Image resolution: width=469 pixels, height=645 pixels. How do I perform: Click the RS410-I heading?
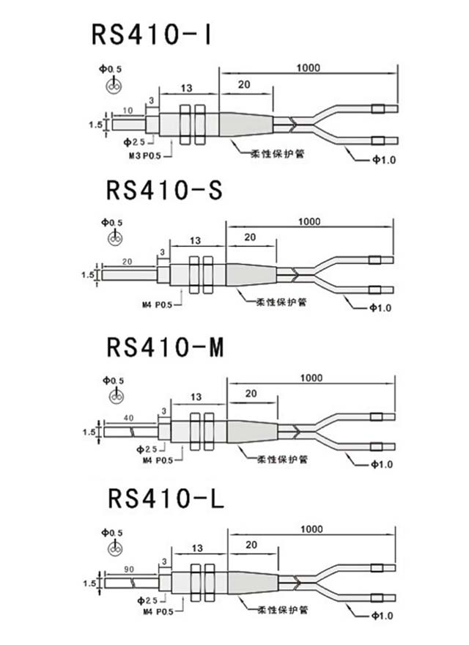pos(151,34)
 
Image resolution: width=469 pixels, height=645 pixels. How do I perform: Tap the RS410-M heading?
pos(165,347)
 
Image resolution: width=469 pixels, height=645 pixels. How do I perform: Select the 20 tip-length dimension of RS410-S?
pos(127,262)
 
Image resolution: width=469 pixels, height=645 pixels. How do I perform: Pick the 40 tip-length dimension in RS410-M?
pos(128,418)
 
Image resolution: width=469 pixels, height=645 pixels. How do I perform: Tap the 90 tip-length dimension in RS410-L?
pos(129,568)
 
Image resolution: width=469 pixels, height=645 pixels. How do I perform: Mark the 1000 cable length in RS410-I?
pos(309,68)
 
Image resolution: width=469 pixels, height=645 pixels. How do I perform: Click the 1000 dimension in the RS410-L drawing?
pos(311,529)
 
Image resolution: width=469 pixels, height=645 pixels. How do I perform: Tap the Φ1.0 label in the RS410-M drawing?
pos(381,464)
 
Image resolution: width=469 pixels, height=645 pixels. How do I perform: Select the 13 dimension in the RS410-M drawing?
pos(196,397)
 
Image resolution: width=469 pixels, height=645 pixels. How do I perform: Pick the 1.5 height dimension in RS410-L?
pos(88,584)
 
